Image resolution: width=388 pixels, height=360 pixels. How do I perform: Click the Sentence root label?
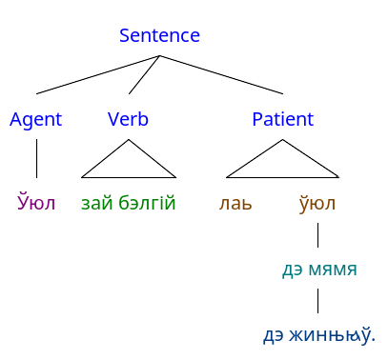[x=159, y=35]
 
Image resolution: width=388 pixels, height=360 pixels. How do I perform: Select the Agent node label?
[x=36, y=120]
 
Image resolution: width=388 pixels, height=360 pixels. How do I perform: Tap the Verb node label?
[x=128, y=119]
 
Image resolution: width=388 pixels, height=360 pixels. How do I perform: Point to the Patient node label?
[x=283, y=119]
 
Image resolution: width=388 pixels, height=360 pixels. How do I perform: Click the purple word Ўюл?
[x=36, y=202]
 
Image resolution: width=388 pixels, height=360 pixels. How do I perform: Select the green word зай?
[x=97, y=202]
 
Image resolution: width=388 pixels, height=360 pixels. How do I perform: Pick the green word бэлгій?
[x=147, y=202]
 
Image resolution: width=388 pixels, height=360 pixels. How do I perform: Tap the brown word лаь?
[x=235, y=204]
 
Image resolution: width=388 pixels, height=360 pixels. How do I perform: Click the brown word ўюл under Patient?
[x=317, y=202]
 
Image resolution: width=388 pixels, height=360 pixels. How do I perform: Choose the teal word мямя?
[x=333, y=270]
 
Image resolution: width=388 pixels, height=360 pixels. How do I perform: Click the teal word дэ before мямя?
[x=293, y=270]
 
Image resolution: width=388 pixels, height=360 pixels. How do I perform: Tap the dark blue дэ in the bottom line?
[x=274, y=336]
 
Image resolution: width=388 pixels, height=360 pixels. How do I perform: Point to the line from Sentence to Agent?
[x=98, y=75]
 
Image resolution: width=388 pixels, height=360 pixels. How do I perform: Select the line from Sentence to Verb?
[x=144, y=75]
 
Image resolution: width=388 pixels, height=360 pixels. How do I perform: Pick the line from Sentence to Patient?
[x=221, y=75]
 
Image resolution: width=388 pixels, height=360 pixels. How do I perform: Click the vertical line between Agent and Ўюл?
[x=36, y=158]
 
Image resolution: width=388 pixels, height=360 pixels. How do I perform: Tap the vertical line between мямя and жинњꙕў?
[x=317, y=301]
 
